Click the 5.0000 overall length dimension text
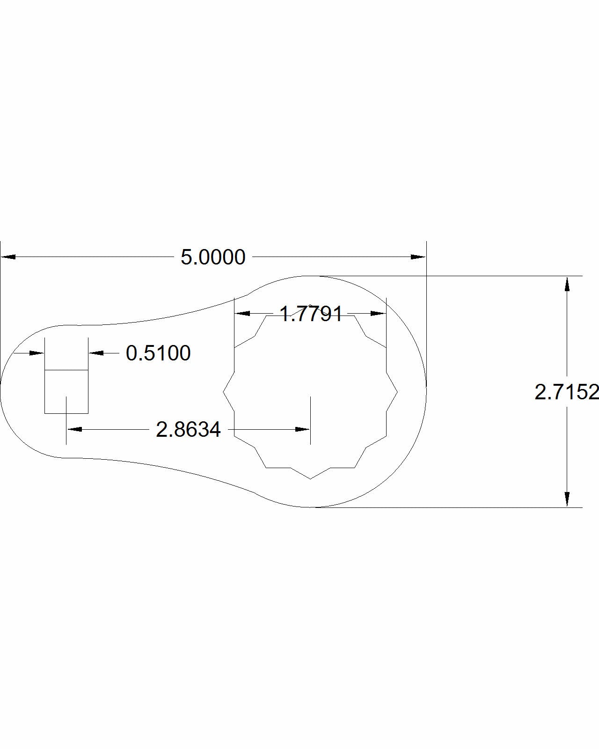pos(213,257)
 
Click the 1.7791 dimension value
pos(311,314)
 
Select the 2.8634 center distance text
pos(188,429)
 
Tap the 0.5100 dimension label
pos(158,353)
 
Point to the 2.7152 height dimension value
pos(566,392)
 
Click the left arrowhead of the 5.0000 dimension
pos(8,257)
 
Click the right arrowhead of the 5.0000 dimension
pos(418,257)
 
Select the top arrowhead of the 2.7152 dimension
pos(567,284)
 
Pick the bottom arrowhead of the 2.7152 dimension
pos(567,499)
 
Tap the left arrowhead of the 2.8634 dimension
pos(74,429)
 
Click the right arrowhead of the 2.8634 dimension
pos(303,429)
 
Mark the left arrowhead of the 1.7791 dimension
pos(241,313)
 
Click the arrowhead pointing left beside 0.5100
pos(96,353)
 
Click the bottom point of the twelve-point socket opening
pos(310,479)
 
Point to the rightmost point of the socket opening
pos(397,391)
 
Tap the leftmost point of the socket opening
pos(223,391)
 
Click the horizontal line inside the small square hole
pos(66,370)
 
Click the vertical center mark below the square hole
pos(66,419)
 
